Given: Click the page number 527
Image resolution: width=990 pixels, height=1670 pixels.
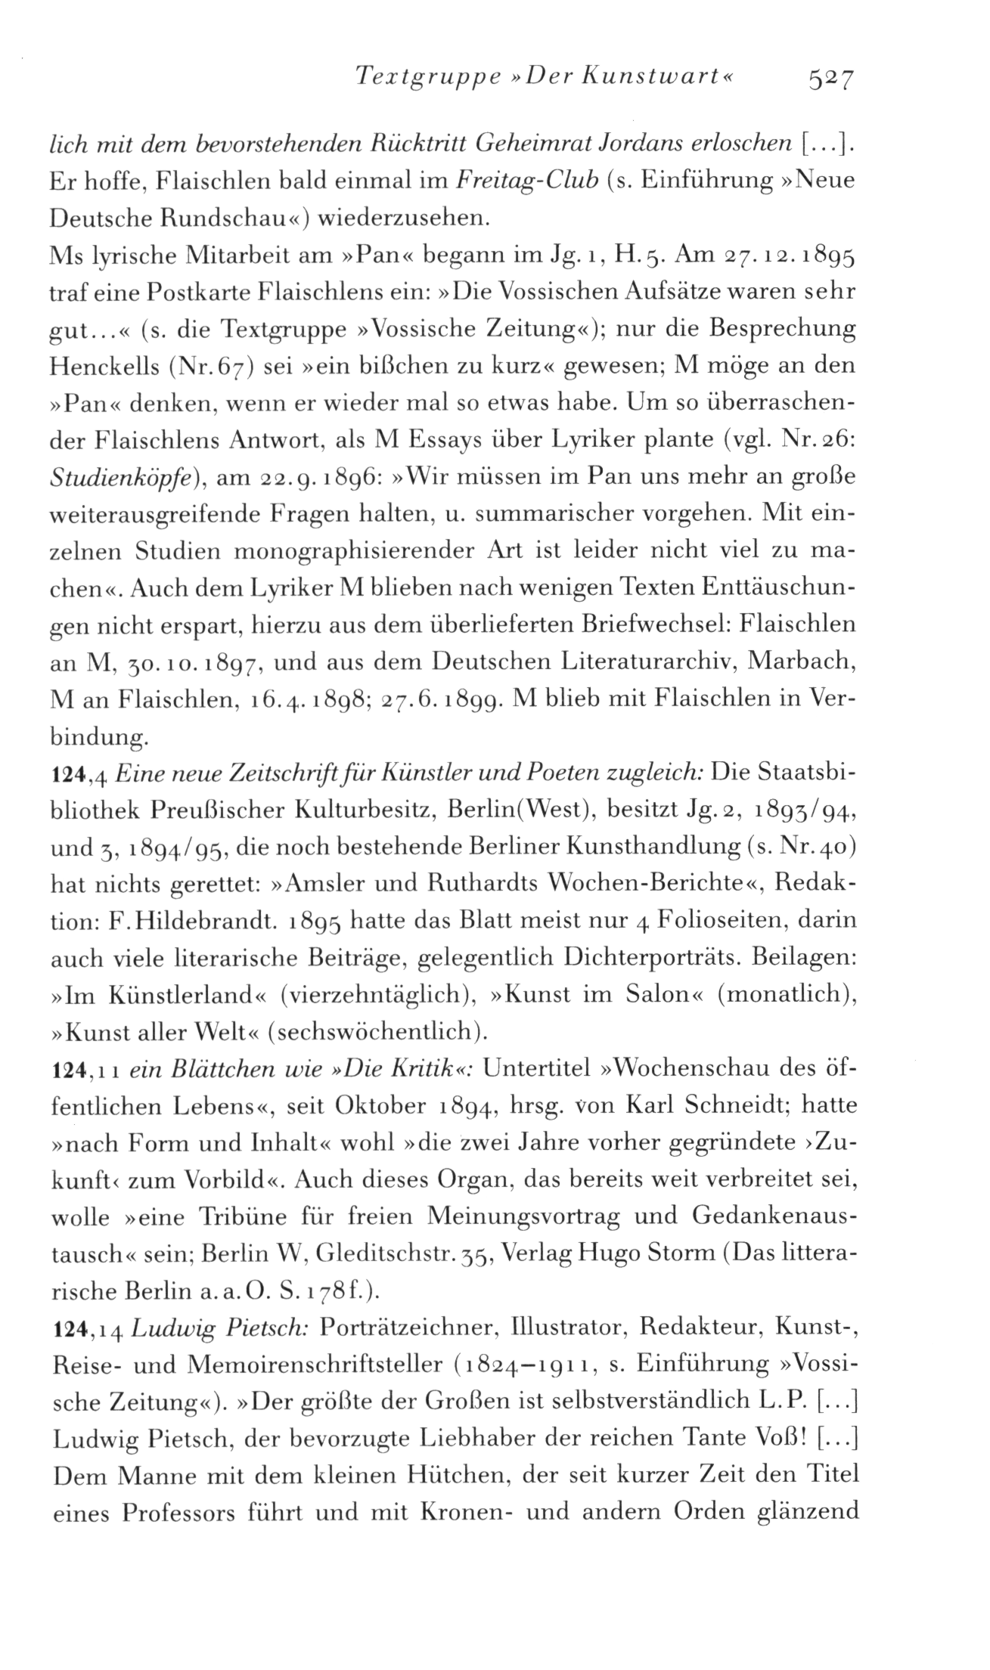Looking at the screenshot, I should [x=830, y=77].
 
